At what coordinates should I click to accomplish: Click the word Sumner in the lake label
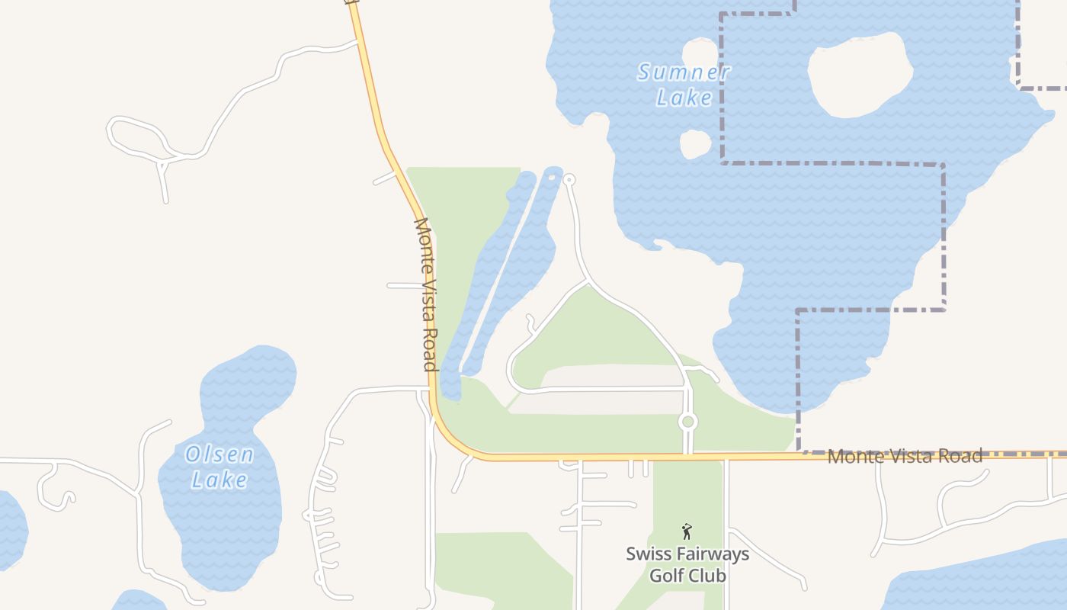(684, 73)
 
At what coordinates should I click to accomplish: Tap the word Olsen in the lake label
(219, 455)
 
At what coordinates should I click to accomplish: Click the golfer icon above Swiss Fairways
(687, 531)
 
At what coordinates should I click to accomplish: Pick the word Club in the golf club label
(708, 575)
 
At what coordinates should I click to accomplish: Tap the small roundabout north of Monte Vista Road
(688, 422)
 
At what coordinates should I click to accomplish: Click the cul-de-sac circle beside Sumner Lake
(569, 180)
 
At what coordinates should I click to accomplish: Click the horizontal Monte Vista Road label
(905, 456)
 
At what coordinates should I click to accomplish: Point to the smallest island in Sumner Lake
(694, 144)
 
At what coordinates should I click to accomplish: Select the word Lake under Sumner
(684, 98)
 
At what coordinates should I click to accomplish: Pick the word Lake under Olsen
(219, 480)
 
